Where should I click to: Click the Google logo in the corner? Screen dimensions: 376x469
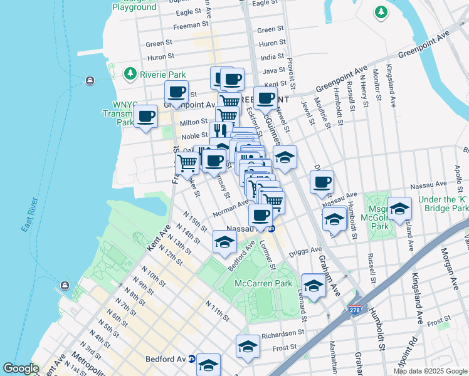[x=21, y=368]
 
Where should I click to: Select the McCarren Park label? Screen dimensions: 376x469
[x=263, y=283]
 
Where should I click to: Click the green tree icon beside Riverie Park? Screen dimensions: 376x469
[x=130, y=74]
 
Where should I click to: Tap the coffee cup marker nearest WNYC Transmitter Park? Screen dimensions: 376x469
[x=146, y=117]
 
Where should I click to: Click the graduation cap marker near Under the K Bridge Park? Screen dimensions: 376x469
[x=399, y=209]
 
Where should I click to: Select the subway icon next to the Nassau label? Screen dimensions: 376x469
[x=271, y=229]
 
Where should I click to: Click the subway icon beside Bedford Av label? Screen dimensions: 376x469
[x=191, y=360]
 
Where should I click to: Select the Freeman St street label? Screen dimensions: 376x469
[x=191, y=24]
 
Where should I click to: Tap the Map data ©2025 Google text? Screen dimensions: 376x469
[x=429, y=371]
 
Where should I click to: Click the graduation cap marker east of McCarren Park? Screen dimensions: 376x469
[x=314, y=285]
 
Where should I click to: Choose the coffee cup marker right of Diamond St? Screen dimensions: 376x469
[x=322, y=182]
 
